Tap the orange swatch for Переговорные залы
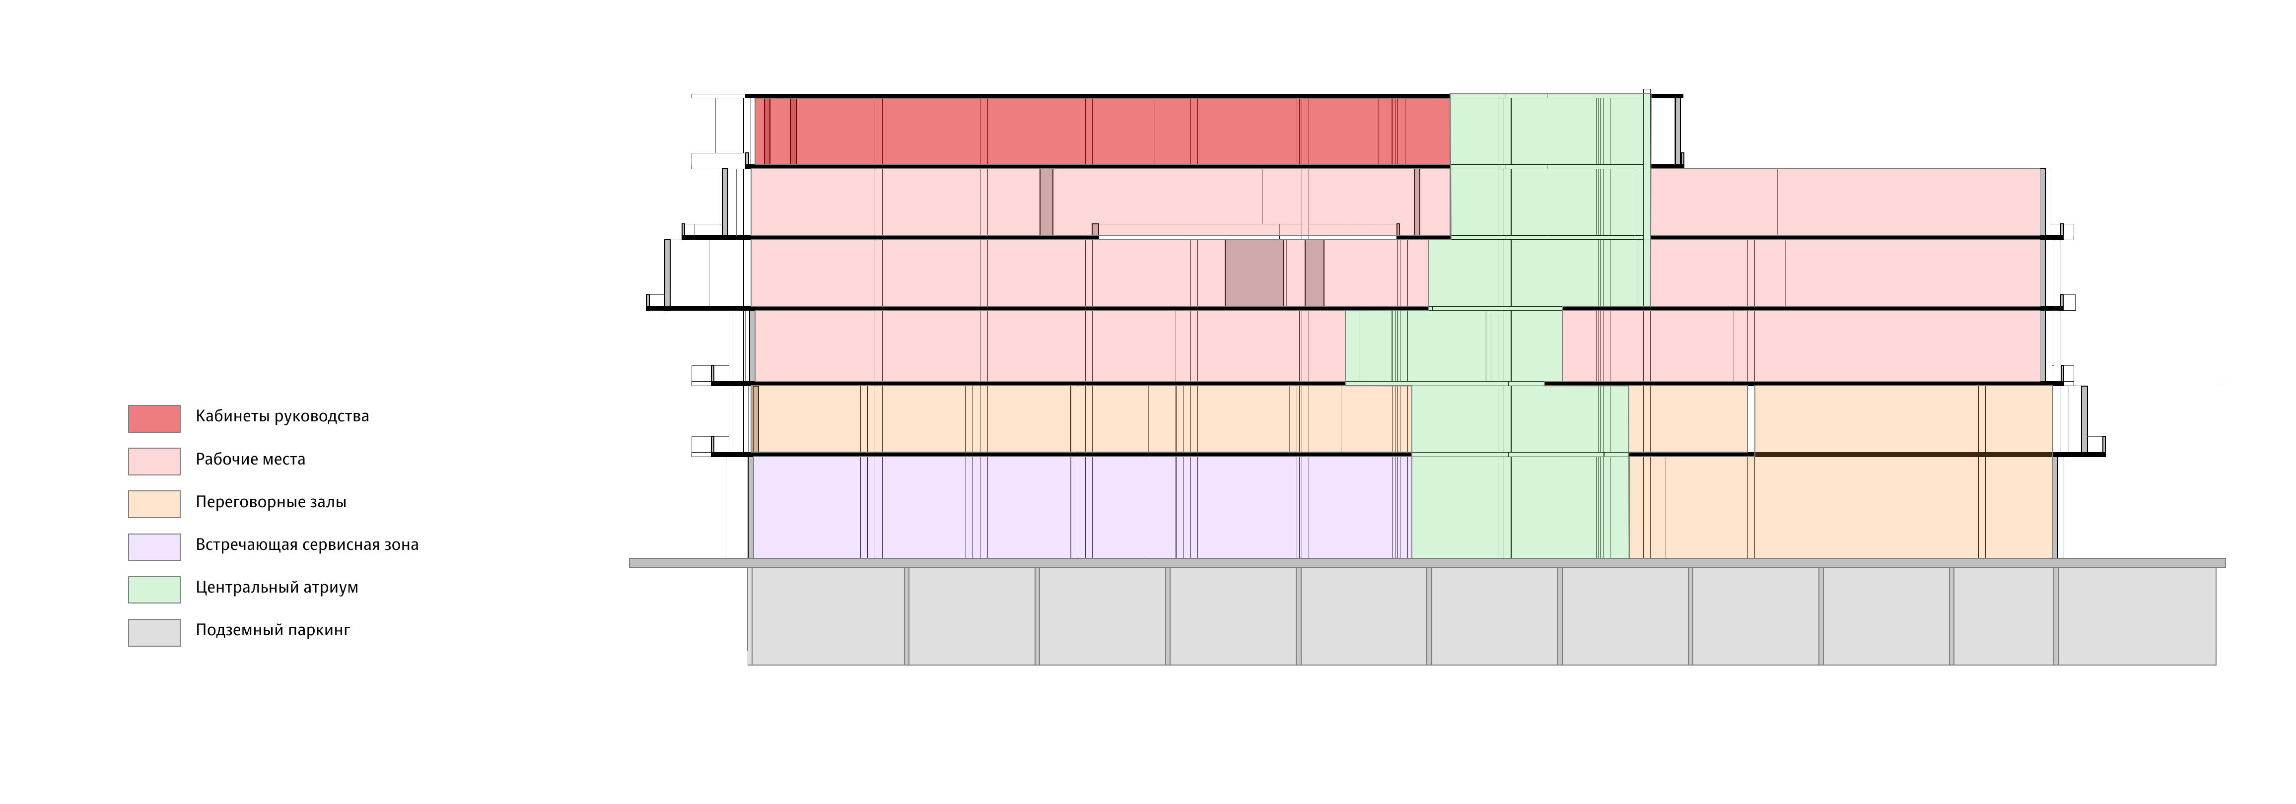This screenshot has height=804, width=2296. click(x=154, y=504)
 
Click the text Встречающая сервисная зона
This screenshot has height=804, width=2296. click(x=307, y=544)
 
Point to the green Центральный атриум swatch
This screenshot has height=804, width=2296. click(x=154, y=589)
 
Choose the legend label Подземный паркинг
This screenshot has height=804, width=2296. click(x=273, y=630)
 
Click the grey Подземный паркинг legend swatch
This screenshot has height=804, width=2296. click(x=154, y=632)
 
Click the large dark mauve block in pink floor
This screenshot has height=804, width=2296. click(x=1254, y=273)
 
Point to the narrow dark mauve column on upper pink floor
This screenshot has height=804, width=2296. click(x=1046, y=202)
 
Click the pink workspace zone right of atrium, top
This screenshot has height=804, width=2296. click(x=1845, y=202)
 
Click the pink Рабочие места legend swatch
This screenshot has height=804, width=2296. click(x=154, y=461)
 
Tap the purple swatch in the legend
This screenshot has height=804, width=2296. click(x=154, y=546)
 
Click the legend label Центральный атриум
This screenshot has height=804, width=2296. click(x=277, y=588)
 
